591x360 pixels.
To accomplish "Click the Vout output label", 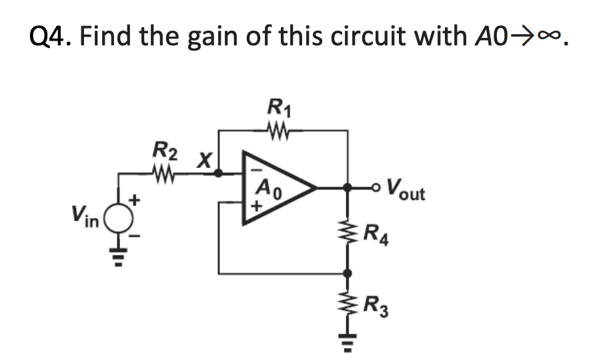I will pyautogui.click(x=406, y=193).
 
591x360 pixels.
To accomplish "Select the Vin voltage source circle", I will pyautogui.click(x=120, y=218).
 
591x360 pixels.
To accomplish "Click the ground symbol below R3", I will pyautogui.click(x=347, y=343).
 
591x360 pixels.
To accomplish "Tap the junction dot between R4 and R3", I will pyautogui.click(x=347, y=273).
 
